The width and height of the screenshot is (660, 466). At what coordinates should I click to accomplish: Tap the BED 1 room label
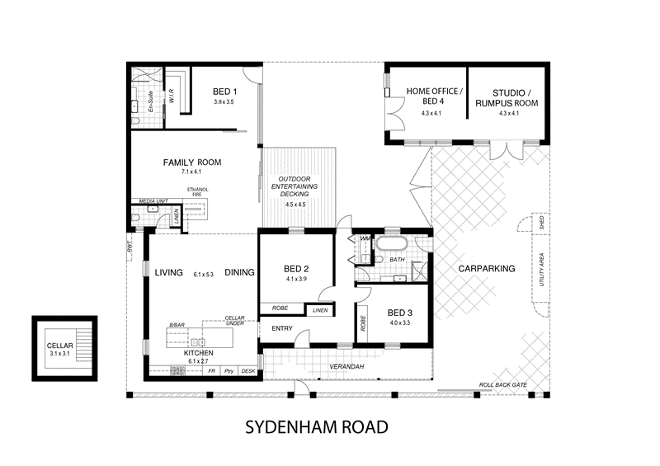224,92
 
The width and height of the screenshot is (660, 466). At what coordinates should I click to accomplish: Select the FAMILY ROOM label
191,162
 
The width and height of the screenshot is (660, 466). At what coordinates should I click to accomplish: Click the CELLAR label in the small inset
59,346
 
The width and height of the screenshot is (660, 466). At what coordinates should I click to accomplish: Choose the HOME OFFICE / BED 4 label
434,96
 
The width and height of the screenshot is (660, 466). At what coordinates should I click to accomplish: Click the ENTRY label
273,328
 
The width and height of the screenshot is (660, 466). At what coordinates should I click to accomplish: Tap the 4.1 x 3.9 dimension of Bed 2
295,280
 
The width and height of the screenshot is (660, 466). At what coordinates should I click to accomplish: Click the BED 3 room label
400,313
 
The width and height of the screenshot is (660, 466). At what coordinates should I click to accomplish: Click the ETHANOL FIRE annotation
198,193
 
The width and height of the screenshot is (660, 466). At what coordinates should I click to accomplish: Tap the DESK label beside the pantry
247,371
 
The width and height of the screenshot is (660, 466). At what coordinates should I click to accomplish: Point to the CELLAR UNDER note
240,322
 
